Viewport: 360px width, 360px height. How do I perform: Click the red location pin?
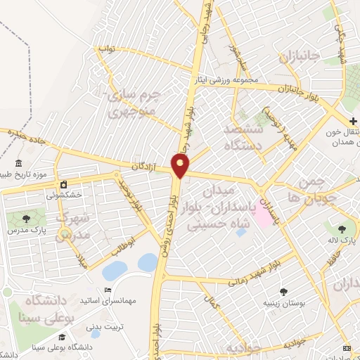coord(181,166)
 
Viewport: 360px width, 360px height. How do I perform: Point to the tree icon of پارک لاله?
coord(342,229)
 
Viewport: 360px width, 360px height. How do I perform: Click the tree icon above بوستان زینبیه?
coord(283,291)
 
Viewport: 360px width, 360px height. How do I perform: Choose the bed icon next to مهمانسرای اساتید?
coord(108,290)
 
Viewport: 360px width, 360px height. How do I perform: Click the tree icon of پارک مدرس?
coord(27,218)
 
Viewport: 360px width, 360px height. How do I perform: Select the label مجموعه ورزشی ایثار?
coord(226,80)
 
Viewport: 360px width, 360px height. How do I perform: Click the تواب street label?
coord(105,50)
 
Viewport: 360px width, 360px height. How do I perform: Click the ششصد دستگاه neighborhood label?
coord(243,139)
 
